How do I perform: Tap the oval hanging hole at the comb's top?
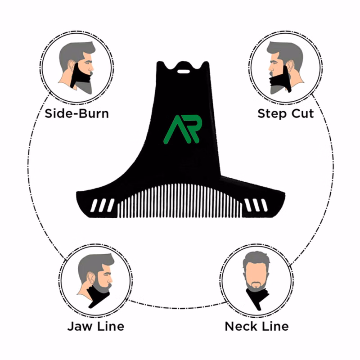[x=183, y=72]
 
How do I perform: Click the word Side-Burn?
[x=76, y=113]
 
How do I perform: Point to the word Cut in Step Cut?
[x=302, y=113]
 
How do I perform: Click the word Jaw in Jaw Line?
[x=80, y=326]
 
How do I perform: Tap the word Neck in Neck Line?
[x=241, y=326]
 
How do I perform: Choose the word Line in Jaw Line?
[x=110, y=326]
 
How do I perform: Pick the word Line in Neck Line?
[x=275, y=326]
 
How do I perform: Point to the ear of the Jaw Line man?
[x=91, y=277]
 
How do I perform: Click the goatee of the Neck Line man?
[x=256, y=285]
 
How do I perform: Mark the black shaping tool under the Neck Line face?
[x=257, y=298]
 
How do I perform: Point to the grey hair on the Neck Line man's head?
[x=256, y=258]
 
